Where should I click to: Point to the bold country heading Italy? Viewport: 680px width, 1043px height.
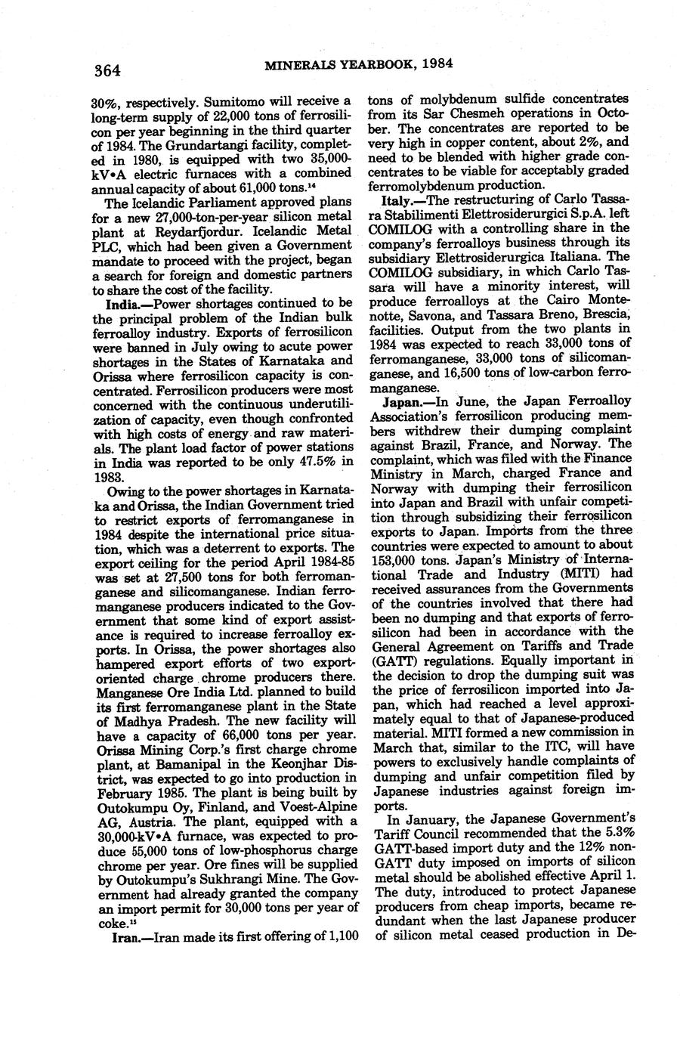tap(397, 200)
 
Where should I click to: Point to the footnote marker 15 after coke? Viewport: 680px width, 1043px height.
tap(132, 922)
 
